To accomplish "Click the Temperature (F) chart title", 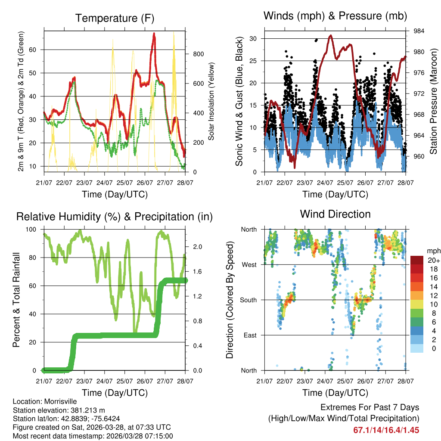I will coord(115,19).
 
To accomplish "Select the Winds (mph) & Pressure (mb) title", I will coord(335,16).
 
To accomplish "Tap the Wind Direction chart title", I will coord(335,214).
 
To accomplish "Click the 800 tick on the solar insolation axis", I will coord(198,54).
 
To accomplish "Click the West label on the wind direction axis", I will coord(248,264).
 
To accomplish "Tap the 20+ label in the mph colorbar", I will coord(434,261).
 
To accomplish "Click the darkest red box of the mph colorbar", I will coord(417,261).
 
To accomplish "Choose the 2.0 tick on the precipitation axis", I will coord(198,247).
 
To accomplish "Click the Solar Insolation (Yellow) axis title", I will coord(211,101).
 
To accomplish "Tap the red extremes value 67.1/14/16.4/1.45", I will coord(386,430).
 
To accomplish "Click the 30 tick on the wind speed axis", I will coord(253,39).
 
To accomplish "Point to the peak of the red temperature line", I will coord(154,34).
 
